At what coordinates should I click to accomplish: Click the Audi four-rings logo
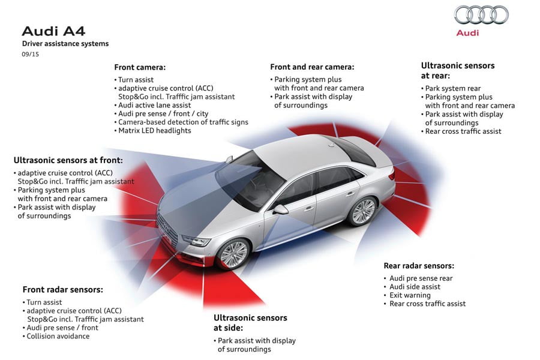pyautogui.click(x=481, y=15)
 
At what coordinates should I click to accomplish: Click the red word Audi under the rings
pyautogui.click(x=467, y=33)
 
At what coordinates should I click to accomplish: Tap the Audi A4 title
pyautogui.click(x=53, y=31)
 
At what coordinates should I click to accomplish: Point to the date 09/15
pyautogui.click(x=31, y=54)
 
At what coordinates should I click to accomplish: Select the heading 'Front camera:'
pyautogui.click(x=140, y=67)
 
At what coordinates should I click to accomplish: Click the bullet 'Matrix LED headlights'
pyautogui.click(x=154, y=131)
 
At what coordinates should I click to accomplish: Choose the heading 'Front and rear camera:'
pyautogui.click(x=312, y=67)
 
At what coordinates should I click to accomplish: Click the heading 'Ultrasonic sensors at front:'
pyautogui.click(x=68, y=160)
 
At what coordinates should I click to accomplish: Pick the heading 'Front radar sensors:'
pyautogui.click(x=62, y=289)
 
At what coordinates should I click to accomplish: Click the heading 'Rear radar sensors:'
pyautogui.click(x=419, y=266)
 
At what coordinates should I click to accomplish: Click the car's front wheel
pyautogui.click(x=233, y=254)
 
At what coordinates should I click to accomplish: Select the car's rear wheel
pyautogui.click(x=362, y=211)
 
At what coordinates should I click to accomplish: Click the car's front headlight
pyautogui.click(x=196, y=240)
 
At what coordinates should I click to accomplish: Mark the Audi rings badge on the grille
pyautogui.click(x=166, y=227)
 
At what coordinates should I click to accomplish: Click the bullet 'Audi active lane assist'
pyautogui.click(x=154, y=105)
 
